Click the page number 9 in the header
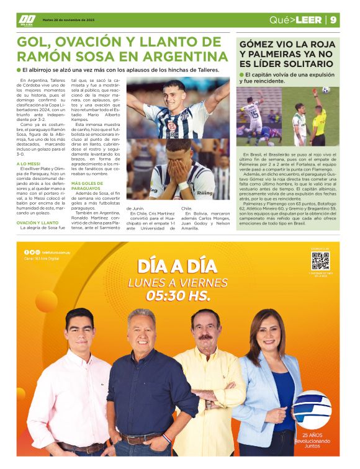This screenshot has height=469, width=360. [334, 20]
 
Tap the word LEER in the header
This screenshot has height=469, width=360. [308, 20]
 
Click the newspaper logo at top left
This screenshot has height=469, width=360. [26, 20]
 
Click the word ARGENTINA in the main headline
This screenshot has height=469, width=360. [181, 56]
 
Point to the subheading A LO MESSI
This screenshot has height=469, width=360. [28, 164]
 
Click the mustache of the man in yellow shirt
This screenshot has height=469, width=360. [205, 337]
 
